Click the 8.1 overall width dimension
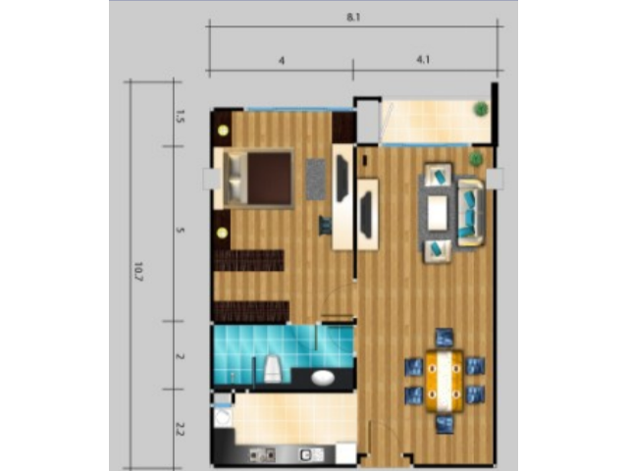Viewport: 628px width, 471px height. tap(353, 18)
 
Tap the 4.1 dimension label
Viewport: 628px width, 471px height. tap(423, 60)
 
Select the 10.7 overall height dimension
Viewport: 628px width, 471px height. tap(138, 271)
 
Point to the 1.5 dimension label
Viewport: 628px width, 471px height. tap(180, 116)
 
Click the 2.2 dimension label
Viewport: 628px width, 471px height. tap(180, 429)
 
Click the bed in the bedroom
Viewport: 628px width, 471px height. tap(258, 179)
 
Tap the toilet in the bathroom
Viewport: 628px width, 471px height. tap(273, 369)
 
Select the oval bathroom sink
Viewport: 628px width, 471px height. tap(323, 377)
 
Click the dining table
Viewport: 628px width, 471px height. tap(445, 381)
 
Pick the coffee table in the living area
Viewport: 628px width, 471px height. tap(437, 213)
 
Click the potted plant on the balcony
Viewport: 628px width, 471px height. tap(481, 109)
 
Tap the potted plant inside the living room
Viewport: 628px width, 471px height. tap(476, 159)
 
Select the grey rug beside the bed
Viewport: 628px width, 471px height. tap(316, 179)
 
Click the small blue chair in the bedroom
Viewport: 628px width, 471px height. tap(325, 227)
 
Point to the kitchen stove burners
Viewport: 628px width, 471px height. tap(262, 455)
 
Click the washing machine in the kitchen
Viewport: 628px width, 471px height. tap(223, 417)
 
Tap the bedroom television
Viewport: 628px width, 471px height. tap(342, 179)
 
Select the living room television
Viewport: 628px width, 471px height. tap(366, 215)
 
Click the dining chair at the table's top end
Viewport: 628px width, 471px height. tap(445, 338)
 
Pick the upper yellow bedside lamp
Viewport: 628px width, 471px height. tap(223, 131)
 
